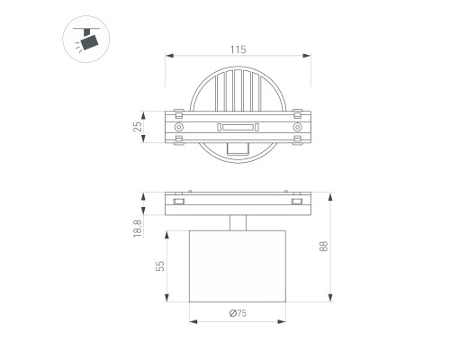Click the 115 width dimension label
(238, 49)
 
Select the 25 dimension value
(138, 127)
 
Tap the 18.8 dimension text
(138, 229)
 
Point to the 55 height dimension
(160, 265)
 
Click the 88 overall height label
(324, 247)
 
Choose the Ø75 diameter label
(238, 313)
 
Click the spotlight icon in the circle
(86, 40)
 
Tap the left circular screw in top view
(179, 127)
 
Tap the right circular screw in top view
(297, 127)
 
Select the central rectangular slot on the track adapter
(238, 127)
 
